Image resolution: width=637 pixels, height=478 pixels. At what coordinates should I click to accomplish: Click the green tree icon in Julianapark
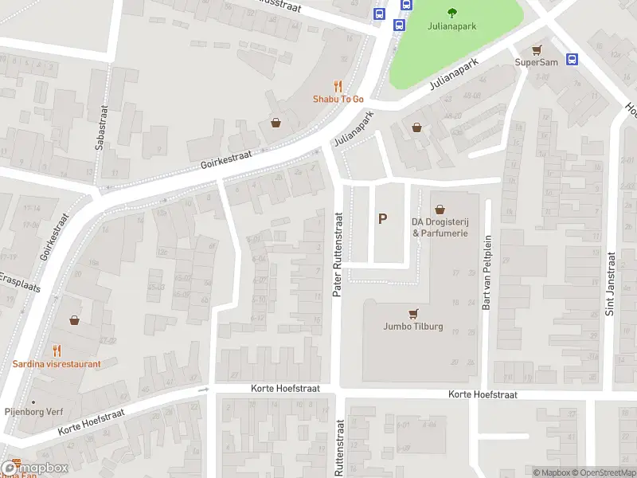click(x=452, y=12)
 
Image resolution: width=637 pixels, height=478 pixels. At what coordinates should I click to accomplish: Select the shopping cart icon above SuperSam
click(x=537, y=49)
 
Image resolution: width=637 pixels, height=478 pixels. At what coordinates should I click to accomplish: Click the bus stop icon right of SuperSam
click(x=572, y=59)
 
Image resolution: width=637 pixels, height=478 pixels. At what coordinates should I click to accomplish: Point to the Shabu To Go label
click(x=338, y=99)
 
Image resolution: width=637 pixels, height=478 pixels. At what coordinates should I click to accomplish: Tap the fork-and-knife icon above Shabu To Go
click(x=338, y=86)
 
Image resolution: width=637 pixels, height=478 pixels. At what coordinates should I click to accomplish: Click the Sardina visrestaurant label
click(x=57, y=364)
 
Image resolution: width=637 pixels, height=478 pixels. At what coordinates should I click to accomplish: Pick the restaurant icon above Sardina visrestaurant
click(x=57, y=350)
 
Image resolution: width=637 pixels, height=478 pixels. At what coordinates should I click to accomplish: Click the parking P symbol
click(x=383, y=218)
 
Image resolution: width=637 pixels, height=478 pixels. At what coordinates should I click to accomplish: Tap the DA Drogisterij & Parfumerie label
click(x=440, y=227)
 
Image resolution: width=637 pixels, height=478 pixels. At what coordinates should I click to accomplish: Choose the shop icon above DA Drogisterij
click(x=439, y=210)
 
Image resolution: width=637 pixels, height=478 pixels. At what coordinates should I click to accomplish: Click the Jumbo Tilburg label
click(x=413, y=327)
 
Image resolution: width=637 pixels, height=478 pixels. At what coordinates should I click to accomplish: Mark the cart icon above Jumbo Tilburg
click(x=412, y=313)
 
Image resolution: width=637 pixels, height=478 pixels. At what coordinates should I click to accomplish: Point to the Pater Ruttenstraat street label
click(x=337, y=255)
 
